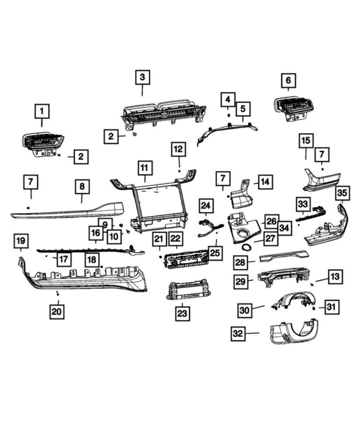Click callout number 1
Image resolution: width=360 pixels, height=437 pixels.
point(42,111)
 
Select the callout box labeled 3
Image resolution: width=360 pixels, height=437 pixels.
point(142,78)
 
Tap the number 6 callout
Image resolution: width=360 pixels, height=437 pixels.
point(288,80)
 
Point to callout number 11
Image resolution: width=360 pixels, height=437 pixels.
point(144,168)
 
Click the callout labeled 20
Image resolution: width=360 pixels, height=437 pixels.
point(57,311)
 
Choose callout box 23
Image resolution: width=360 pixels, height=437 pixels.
point(183,313)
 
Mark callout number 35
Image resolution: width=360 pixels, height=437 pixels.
point(343,193)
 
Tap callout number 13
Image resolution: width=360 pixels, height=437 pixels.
point(335,276)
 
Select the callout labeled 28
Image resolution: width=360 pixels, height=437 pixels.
point(240,262)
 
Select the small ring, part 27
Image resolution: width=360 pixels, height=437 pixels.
point(248,247)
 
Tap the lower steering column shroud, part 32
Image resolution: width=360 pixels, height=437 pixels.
point(293,334)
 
